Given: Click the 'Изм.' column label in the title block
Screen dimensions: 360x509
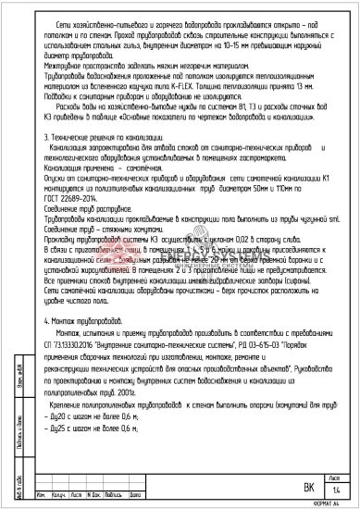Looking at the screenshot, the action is [x=47, y=494].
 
